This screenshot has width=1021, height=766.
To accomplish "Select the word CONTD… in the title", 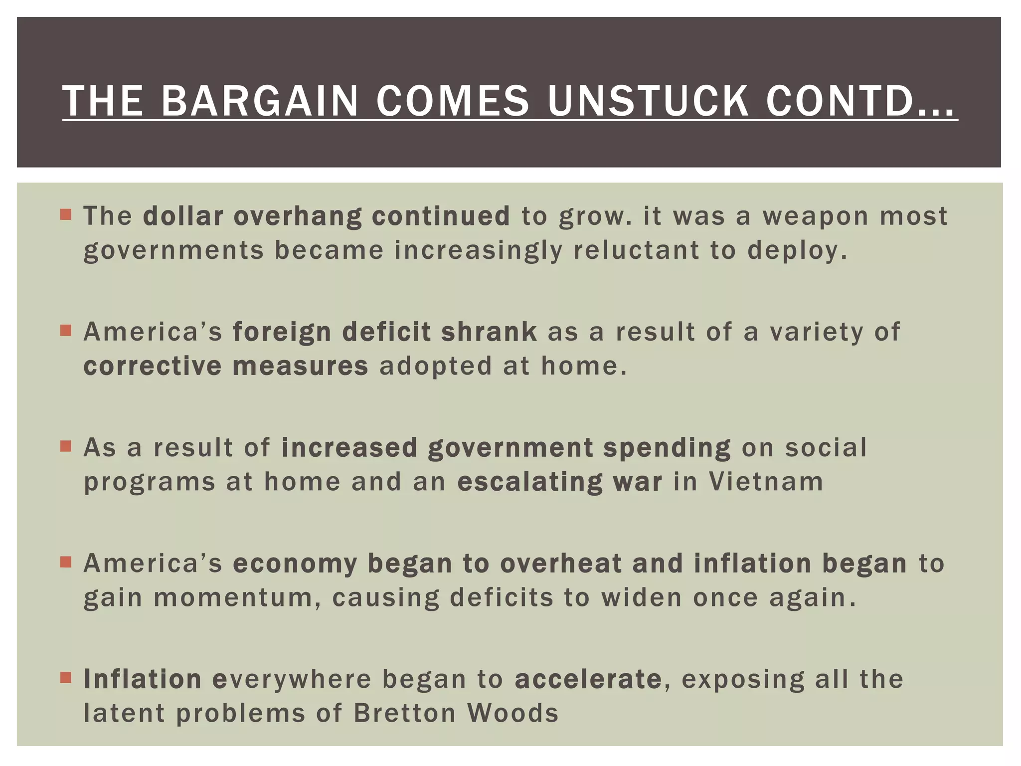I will click(x=861, y=101).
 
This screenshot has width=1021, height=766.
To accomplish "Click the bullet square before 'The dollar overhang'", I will click(x=66, y=214).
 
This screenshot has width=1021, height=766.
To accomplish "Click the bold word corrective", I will click(x=152, y=366).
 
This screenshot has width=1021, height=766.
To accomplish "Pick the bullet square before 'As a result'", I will click(x=66, y=446).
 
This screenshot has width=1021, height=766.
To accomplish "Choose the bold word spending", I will click(x=667, y=448).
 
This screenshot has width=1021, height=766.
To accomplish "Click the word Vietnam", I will click(x=766, y=482).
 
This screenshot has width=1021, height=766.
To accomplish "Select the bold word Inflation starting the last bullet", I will click(x=142, y=679).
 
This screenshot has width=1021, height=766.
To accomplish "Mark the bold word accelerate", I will click(x=588, y=679).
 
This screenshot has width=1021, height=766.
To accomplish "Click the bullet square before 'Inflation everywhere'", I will click(x=66, y=677).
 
